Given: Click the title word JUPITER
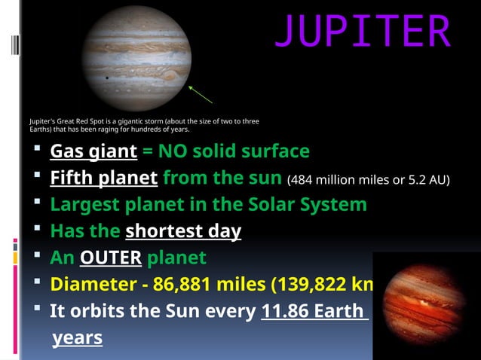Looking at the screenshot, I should (363, 31).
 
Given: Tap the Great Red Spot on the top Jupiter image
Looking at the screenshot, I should (170, 75).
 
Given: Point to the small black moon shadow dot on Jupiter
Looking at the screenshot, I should (107, 77).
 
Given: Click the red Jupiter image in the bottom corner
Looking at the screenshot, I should (427, 306).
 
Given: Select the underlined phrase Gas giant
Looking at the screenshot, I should (93, 152).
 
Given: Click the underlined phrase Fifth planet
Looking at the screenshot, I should (103, 178).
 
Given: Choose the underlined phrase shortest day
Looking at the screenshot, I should (183, 231).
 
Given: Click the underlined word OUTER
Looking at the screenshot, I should (111, 258).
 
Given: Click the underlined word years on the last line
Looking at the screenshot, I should (77, 338).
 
